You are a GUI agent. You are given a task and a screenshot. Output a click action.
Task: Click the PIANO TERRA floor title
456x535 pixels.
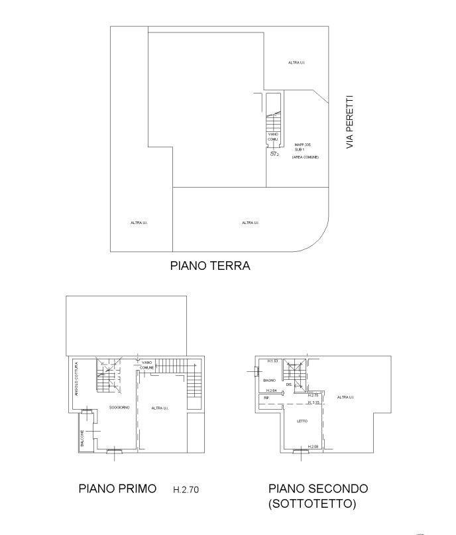(x=210, y=266)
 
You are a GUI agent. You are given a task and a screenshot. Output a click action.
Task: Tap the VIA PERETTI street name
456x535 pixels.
(x=351, y=121)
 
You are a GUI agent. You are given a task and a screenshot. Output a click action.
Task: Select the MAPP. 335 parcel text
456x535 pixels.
(x=303, y=145)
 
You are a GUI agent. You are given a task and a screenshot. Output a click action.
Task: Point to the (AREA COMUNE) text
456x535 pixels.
(x=305, y=157)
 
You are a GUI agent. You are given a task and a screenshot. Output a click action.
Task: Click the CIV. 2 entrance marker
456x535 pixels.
(x=274, y=154)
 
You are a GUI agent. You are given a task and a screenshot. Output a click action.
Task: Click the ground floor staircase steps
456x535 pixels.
(x=273, y=123)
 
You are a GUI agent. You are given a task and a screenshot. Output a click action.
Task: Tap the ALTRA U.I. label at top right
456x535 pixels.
(x=296, y=62)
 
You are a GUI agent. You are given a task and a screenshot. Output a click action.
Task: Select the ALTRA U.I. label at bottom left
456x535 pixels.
(x=139, y=223)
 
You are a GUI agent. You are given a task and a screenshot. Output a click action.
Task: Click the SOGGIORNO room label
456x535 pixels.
(x=109, y=408)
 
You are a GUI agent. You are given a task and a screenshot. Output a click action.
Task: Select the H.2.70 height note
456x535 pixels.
(x=186, y=491)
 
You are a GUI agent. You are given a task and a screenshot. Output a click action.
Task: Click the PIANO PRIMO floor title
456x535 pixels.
(x=117, y=489)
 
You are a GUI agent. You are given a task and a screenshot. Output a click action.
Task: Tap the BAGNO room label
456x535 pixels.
(x=269, y=381)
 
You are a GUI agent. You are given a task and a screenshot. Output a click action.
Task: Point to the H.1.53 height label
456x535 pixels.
(x=272, y=361)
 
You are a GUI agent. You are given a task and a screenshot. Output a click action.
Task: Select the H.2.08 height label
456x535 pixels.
(x=313, y=446)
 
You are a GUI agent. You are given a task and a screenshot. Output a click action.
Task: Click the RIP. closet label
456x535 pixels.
(x=266, y=398)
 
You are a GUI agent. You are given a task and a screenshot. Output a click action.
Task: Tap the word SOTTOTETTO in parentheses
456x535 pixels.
(x=312, y=504)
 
